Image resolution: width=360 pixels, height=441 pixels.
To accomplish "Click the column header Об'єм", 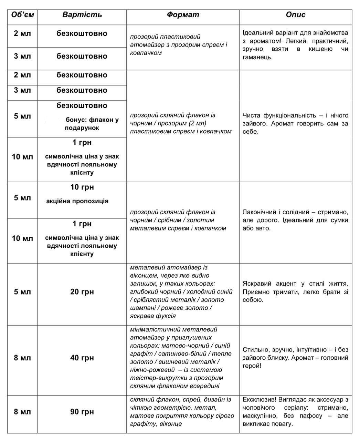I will point(22,15).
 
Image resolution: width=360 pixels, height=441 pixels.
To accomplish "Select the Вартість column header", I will point(82,15).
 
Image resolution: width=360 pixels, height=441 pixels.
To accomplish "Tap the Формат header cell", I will point(183,15).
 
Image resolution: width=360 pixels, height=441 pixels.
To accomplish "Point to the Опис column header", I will point(295,15).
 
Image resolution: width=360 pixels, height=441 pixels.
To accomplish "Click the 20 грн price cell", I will point(82,292).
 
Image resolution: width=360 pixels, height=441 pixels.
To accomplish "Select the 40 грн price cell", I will point(82,358).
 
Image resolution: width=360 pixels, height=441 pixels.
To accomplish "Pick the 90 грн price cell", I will point(82,412).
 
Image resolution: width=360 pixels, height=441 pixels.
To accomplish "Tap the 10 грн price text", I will point(82,187).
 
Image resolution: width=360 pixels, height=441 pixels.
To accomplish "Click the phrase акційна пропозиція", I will point(77,201).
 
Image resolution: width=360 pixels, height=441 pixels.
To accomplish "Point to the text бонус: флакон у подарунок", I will point(92,124).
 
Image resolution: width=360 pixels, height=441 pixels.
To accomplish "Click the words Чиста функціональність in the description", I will point(279,115).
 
